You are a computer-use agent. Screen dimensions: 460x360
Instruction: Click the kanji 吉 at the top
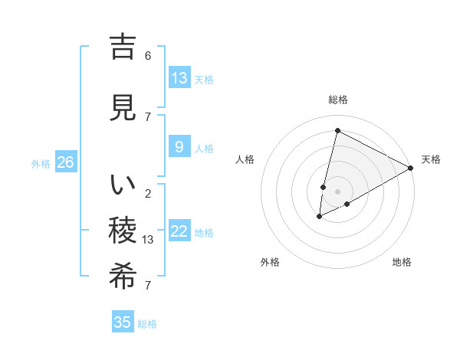pyautogui.click(x=123, y=47)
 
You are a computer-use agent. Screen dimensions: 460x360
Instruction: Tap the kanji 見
pyautogui.click(x=123, y=108)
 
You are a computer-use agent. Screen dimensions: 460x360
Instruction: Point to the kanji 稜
pyautogui.click(x=123, y=231)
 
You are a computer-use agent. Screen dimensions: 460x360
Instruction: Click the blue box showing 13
pyautogui.click(x=179, y=77)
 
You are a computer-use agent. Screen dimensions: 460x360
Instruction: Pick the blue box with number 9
pyautogui.click(x=179, y=147)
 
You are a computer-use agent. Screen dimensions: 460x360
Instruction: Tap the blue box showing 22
pyautogui.click(x=179, y=231)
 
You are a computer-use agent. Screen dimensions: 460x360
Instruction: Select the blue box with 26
pyautogui.click(x=66, y=162)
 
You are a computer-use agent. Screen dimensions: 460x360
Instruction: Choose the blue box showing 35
pyautogui.click(x=123, y=322)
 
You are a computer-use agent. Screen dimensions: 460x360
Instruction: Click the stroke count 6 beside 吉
pyautogui.click(x=148, y=56)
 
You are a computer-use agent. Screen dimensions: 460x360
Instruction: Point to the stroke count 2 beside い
pyautogui.click(x=148, y=194)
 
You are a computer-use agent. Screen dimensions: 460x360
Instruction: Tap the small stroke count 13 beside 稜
pyautogui.click(x=148, y=240)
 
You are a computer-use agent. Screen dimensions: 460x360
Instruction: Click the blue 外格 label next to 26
pyautogui.click(x=41, y=163)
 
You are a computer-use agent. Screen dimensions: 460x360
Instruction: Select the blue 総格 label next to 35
pyautogui.click(x=148, y=324)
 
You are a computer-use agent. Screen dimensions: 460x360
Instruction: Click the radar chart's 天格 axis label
pyautogui.click(x=431, y=159)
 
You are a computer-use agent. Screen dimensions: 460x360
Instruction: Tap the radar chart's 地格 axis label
pyautogui.click(x=402, y=262)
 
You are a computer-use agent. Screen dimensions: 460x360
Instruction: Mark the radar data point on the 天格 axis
pyautogui.click(x=411, y=168)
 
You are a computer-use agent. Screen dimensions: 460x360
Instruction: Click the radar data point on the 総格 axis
pyautogui.click(x=337, y=130)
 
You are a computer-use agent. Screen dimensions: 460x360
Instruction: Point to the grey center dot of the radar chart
pyautogui.click(x=337, y=191)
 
